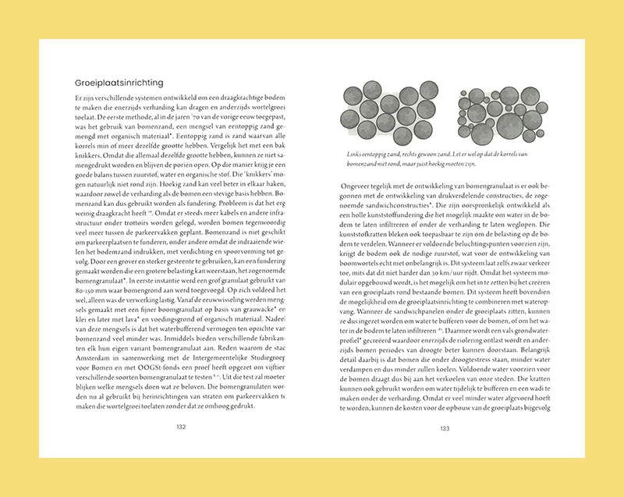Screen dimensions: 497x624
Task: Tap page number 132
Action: coord(180,427)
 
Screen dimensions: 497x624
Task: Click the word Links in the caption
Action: coord(352,154)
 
